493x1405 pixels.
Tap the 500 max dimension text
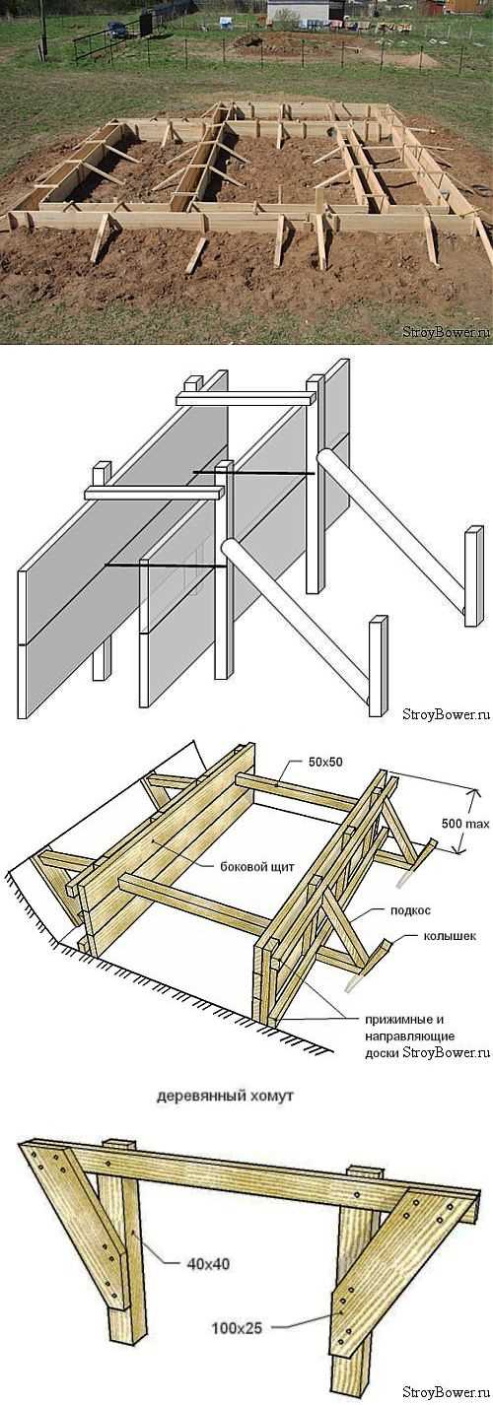point(464,824)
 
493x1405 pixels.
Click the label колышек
point(450,936)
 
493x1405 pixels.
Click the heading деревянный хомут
point(224,1097)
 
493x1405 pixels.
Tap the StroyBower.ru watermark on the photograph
point(446,332)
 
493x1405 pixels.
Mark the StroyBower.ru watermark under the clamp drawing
point(446,1389)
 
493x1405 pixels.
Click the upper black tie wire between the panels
point(252,472)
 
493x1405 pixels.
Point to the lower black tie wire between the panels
point(166,566)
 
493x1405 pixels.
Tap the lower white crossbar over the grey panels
point(155,492)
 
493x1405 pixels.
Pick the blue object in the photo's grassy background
point(117,30)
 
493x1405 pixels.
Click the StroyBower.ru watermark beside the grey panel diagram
point(446,713)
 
